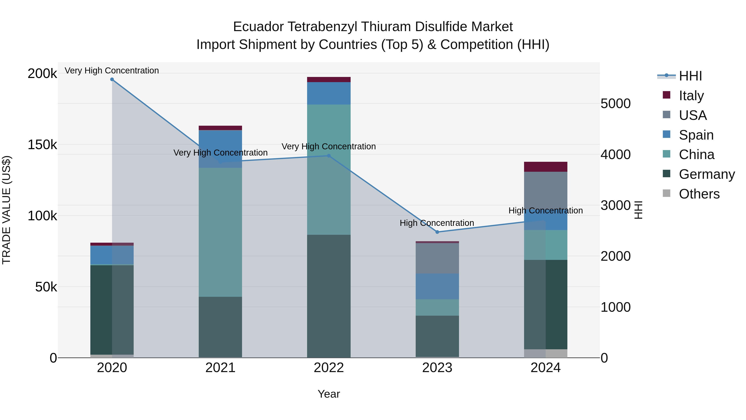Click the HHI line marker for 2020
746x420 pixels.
tap(112, 79)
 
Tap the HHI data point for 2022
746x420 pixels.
tap(329, 156)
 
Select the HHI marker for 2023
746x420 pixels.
tap(437, 232)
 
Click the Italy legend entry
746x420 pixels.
tap(691, 96)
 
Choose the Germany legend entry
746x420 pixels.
tap(706, 174)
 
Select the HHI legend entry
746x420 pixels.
tap(690, 76)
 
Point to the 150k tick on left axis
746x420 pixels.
tap(42, 144)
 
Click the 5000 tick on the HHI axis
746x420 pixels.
tap(615, 103)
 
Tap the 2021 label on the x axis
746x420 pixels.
tap(220, 368)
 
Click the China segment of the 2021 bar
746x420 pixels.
tap(220, 232)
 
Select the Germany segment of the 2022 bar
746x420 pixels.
tap(329, 296)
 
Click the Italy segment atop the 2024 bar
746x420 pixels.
tap(546, 167)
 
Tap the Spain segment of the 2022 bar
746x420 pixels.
tap(329, 93)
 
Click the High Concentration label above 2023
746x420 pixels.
tap(437, 223)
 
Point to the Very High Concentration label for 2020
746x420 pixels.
tap(111, 71)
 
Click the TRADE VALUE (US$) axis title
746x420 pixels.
tap(6, 210)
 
